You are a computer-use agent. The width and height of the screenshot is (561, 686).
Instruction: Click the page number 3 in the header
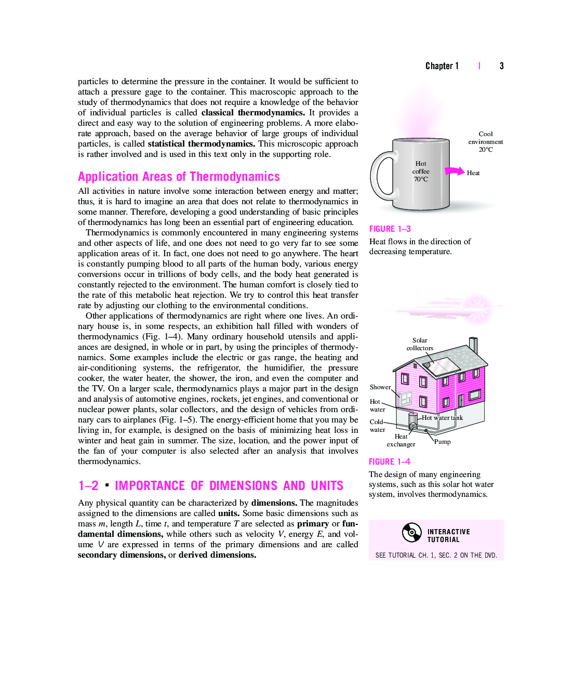pos(502,66)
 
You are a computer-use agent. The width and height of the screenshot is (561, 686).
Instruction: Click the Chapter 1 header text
pos(442,66)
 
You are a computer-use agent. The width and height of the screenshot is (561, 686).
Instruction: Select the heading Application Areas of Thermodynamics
pos(179,177)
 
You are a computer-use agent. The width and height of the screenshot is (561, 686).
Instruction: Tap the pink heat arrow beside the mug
pos(455,171)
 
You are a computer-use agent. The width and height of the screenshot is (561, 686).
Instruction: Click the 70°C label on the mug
pos(421,179)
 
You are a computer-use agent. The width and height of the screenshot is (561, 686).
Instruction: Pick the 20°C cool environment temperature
pos(486,150)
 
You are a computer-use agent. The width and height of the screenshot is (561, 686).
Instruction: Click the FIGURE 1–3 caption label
pos(390,229)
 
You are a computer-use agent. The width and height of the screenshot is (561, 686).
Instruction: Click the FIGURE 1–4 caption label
pos(390,461)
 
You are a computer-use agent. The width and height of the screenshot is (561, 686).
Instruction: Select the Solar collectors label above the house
pos(420,344)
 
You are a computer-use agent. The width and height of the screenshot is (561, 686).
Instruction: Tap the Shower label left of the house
pos(380,387)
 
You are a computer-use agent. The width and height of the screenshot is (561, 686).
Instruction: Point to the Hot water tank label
pos(442,418)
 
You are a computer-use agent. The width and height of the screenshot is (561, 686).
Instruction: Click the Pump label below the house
pos(443,442)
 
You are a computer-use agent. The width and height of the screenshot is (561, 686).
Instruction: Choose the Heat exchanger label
pos(401,440)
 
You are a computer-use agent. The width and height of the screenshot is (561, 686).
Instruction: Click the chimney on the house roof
pos(473,344)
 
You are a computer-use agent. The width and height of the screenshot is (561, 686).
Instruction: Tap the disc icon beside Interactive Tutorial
pos(411,532)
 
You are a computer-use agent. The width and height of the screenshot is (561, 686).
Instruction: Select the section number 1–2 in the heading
pos(88,486)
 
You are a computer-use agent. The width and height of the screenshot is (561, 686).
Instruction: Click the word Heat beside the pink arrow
pos(473,173)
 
